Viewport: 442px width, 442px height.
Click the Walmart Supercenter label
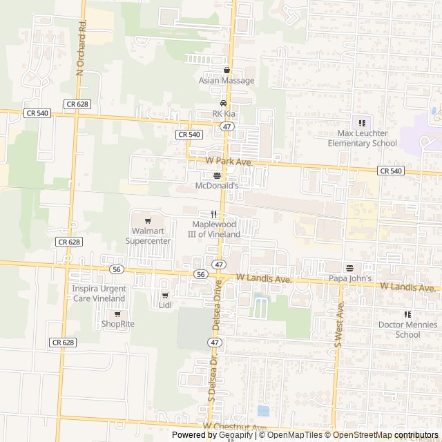coord(148,236)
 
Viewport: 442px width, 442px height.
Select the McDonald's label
coord(218,186)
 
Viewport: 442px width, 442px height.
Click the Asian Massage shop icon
coord(226,70)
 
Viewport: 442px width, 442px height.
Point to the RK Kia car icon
coord(222,104)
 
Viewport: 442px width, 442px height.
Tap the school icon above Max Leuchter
coord(362,123)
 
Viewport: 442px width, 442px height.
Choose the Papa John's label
coord(350,278)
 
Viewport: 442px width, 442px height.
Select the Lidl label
coord(165,305)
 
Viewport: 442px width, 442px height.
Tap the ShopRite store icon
coord(117,314)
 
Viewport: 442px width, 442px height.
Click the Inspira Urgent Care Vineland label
coord(99,293)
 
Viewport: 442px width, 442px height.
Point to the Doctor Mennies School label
coord(398,329)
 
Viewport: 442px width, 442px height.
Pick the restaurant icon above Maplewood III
coord(214,214)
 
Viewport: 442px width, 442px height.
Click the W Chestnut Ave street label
coord(234,427)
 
